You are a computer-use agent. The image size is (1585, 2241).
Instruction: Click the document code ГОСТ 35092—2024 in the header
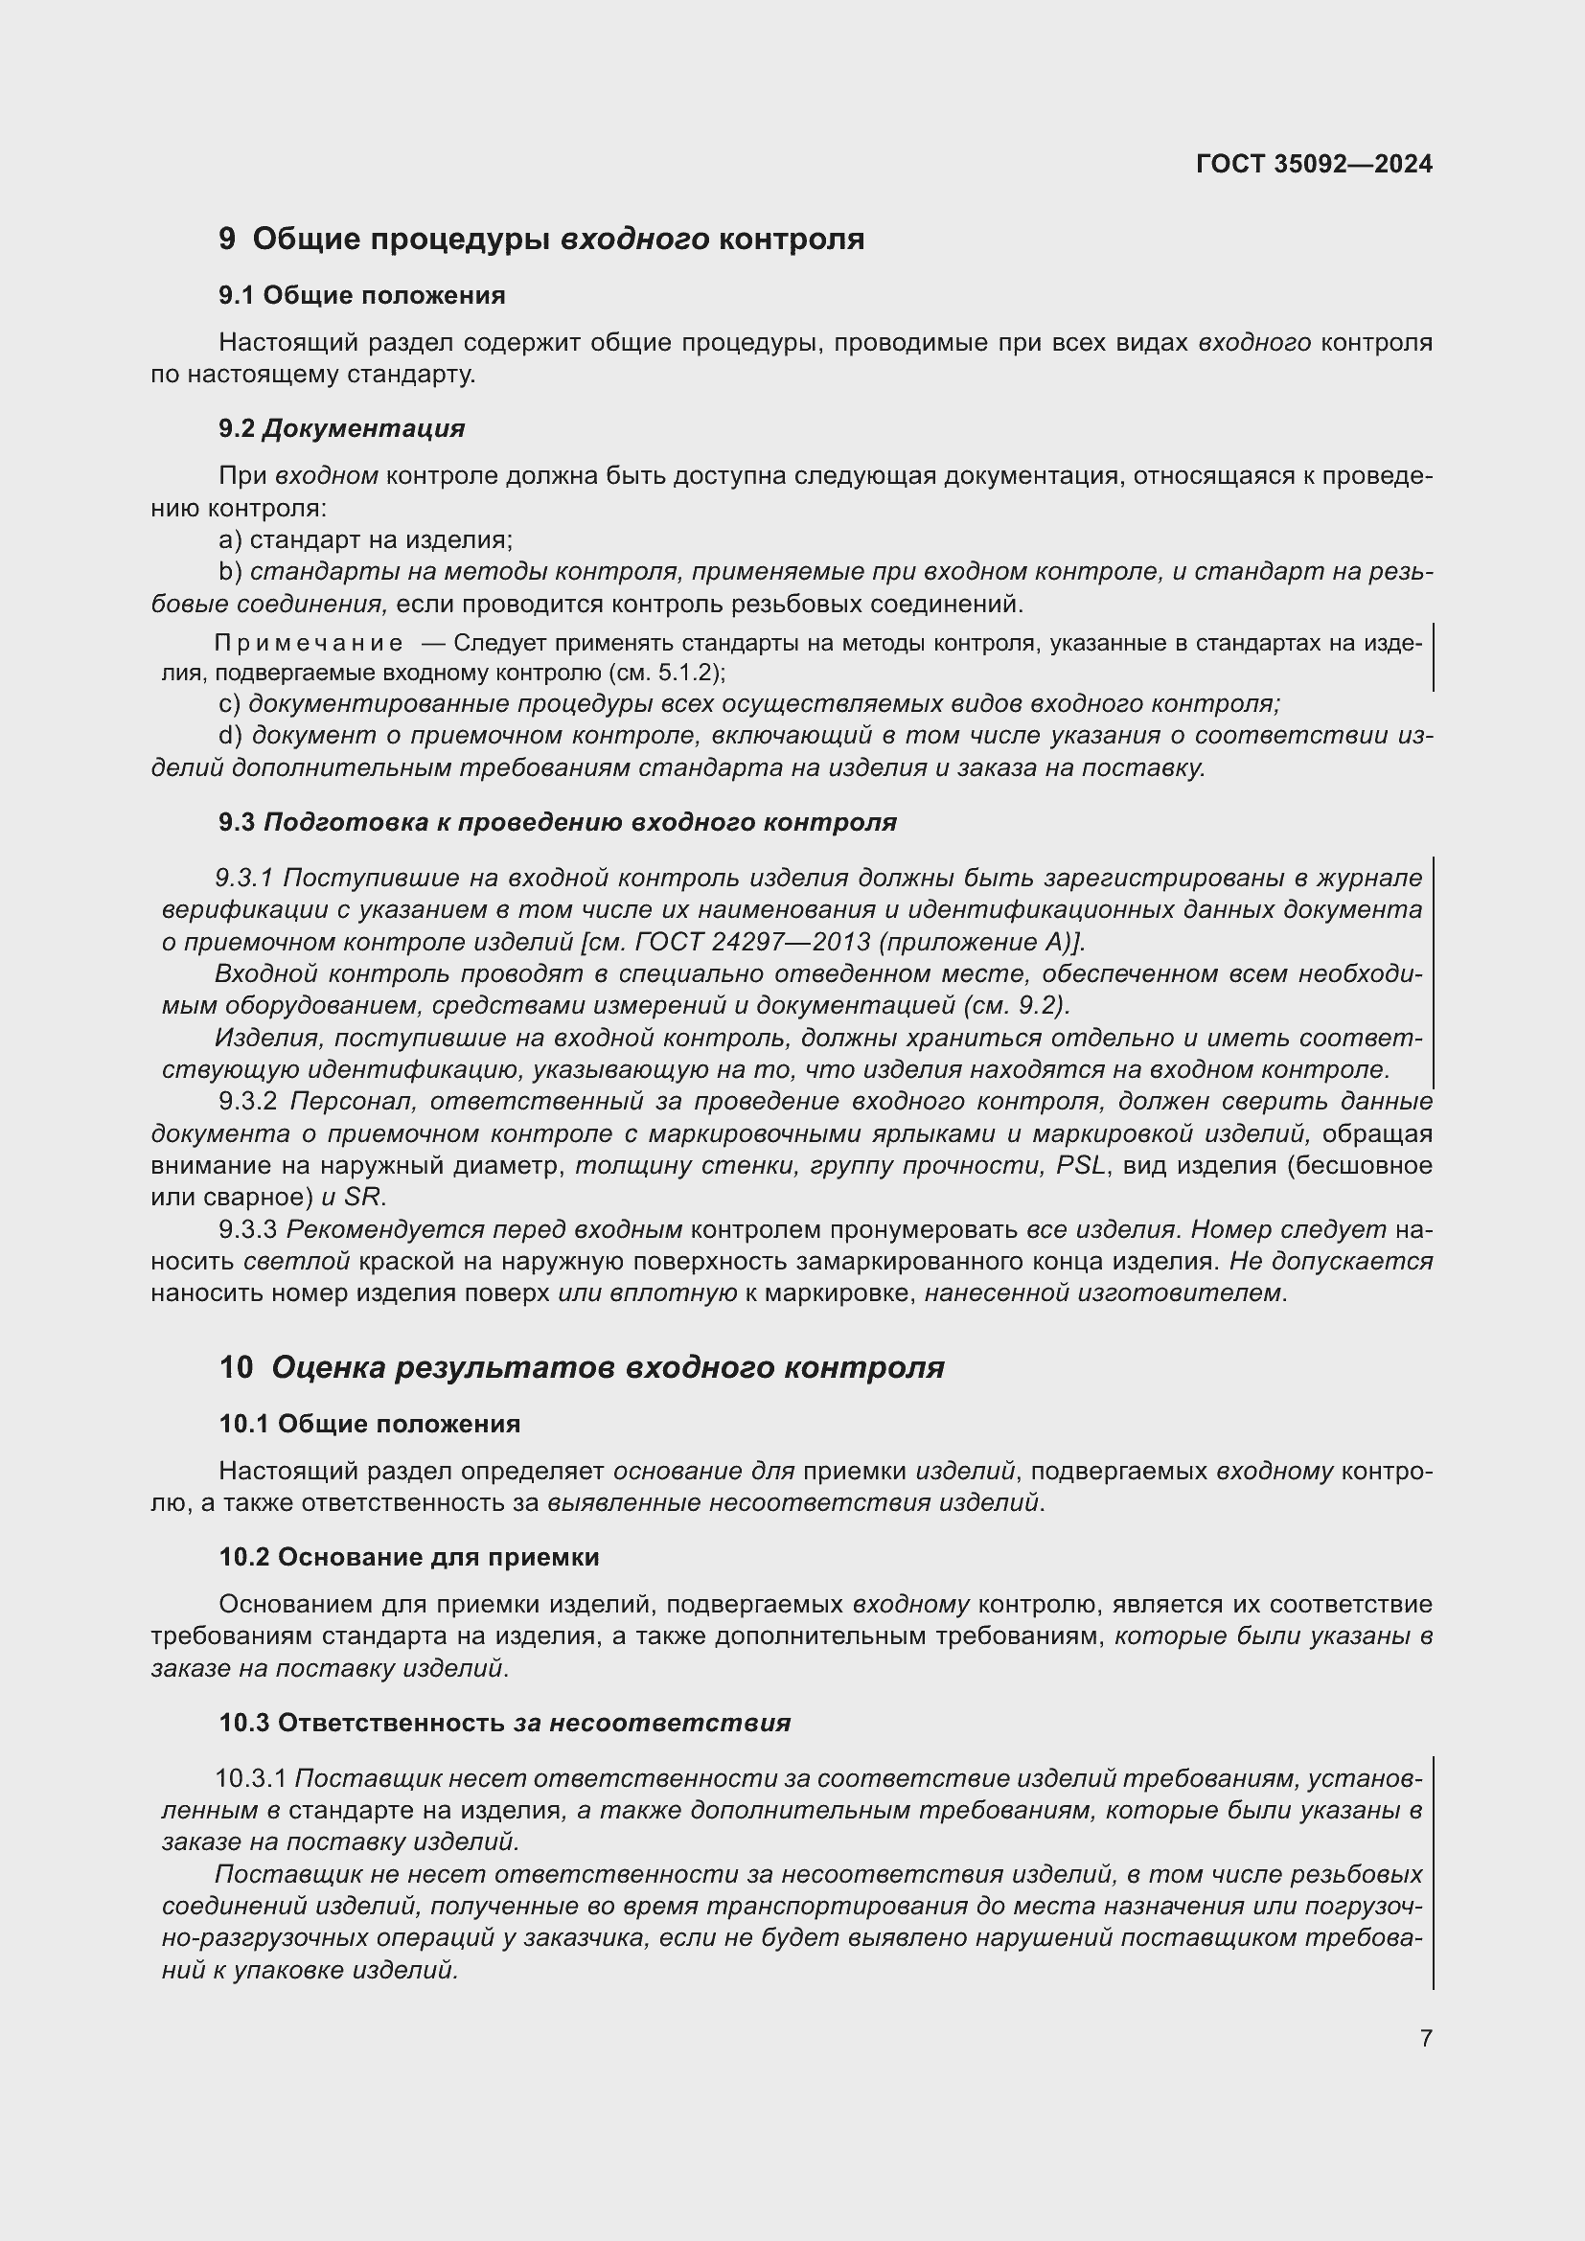[1314, 164]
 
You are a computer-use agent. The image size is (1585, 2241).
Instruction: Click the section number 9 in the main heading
[226, 240]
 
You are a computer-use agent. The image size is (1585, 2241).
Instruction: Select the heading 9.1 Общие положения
[362, 296]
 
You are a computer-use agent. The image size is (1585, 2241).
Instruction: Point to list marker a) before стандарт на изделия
[229, 539]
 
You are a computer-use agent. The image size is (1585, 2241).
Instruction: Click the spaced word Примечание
[309, 643]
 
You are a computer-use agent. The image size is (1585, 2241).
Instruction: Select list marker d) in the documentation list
[229, 735]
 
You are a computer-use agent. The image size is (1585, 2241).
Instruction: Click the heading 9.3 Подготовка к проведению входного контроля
[558, 822]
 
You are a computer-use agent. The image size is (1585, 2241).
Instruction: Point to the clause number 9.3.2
[249, 1102]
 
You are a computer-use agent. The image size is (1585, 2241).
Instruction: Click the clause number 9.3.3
[249, 1230]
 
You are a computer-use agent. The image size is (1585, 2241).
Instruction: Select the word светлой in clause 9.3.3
[296, 1261]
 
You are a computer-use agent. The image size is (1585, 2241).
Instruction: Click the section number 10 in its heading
[235, 1367]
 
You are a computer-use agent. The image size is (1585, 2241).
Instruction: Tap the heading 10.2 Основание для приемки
[409, 1557]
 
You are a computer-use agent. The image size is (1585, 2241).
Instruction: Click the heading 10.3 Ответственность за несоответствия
[505, 1723]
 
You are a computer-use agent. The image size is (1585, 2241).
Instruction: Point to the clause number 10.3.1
[250, 1779]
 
